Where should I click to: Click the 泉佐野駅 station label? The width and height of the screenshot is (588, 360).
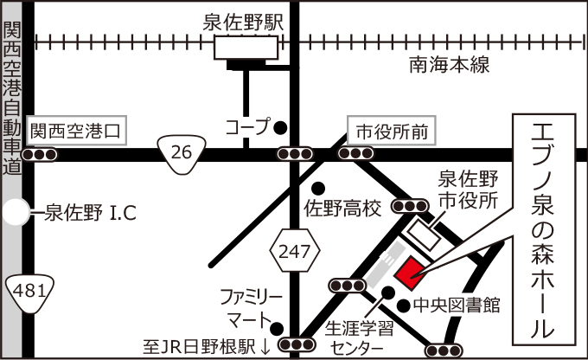pos(244,22)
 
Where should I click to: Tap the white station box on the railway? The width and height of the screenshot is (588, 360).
pos(246,48)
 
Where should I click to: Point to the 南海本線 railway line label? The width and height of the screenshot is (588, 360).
pos(450,65)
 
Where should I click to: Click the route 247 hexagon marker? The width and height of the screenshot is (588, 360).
pos(295,253)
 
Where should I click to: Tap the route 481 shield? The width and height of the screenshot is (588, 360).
pos(29,292)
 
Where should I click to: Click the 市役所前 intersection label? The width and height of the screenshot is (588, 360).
pos(391,132)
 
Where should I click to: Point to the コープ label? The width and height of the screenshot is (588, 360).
pos(247,127)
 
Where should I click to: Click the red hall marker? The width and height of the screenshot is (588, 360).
pos(407,273)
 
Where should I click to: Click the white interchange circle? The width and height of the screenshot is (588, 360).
pos(16,212)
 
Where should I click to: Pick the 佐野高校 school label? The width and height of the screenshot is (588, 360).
pos(342,208)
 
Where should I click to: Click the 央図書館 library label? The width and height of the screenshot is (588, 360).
pos(468,305)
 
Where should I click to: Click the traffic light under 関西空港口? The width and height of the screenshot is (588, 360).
pos(40,156)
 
